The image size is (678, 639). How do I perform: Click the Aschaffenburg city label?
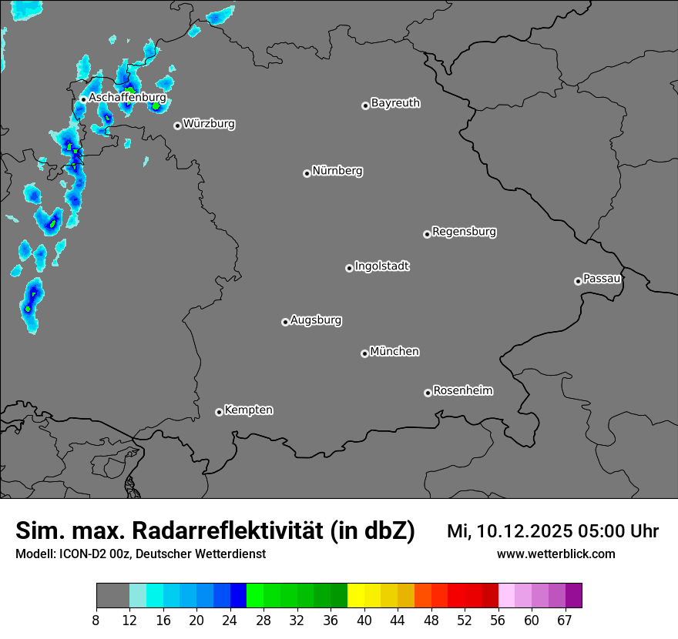[127, 98]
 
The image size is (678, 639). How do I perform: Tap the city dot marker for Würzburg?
[177, 125]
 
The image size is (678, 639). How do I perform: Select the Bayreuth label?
[395, 102]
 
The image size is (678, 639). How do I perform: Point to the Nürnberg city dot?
[307, 173]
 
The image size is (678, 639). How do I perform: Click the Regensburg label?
[464, 231]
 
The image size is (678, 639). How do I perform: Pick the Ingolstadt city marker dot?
[349, 268]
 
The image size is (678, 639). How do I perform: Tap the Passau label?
[602, 278]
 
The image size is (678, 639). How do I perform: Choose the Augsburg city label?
[316, 319]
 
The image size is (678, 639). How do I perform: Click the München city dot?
[364, 353]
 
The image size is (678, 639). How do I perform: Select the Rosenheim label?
[462, 390]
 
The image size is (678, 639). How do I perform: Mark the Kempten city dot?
[219, 412]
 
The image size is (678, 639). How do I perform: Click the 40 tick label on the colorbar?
[364, 621]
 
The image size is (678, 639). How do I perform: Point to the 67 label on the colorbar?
[564, 621]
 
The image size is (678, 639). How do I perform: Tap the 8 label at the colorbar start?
[96, 621]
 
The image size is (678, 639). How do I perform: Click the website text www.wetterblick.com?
[555, 554]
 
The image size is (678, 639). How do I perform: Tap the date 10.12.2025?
[520, 531]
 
